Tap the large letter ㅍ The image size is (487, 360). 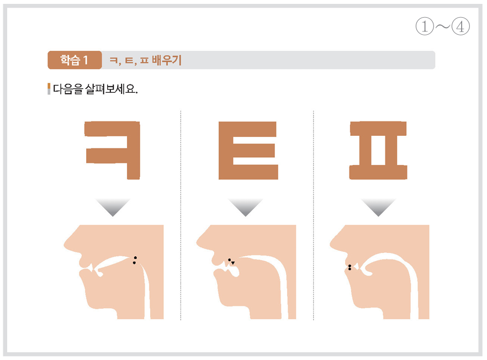pos(378,150)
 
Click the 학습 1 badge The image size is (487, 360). pos(75,60)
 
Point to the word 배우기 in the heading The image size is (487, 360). pos(167,60)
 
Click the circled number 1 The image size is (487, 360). pos(425,26)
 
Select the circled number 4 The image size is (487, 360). pos(460,26)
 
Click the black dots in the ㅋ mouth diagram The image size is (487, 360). pos(135,260)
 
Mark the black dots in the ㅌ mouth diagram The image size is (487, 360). pos(231,262)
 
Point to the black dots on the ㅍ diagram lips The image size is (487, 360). pos(350,267)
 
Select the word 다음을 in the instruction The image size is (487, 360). pos(68,89)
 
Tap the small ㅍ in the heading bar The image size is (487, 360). pos(144,60)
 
